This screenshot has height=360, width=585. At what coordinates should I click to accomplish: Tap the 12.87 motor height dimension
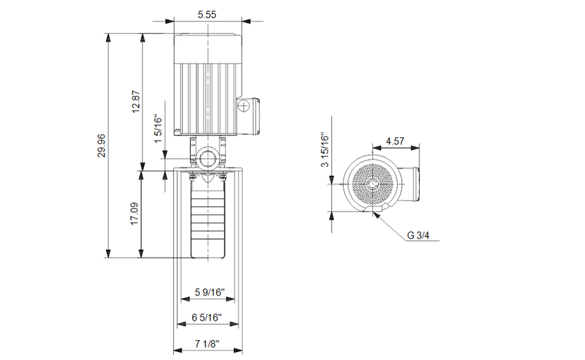tap(135, 102)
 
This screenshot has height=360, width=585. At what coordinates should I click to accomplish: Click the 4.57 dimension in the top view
tap(396, 140)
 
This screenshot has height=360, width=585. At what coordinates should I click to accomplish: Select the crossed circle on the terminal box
tap(244, 108)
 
